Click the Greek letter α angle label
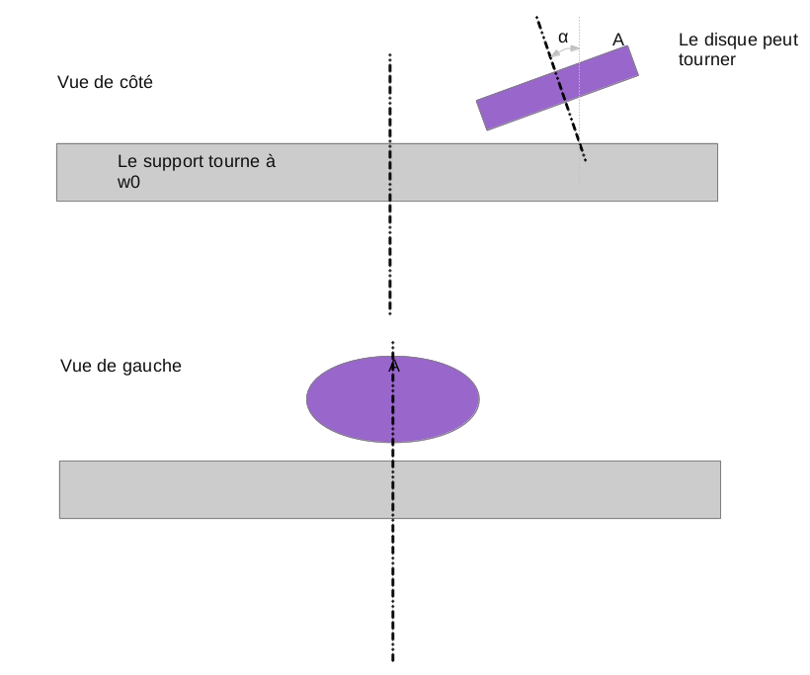[563, 37]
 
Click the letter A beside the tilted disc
[618, 39]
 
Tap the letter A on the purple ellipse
[394, 367]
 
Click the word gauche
[153, 366]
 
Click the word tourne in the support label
[232, 161]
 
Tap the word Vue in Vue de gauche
[76, 366]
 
